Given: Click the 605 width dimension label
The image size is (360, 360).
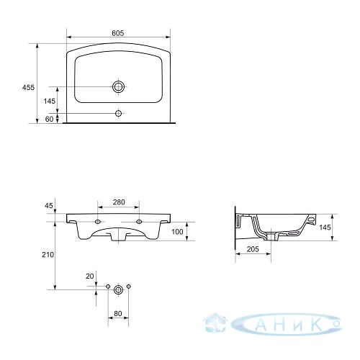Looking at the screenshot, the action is coord(118,33).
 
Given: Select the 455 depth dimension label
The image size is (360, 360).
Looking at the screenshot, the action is coord(28,88).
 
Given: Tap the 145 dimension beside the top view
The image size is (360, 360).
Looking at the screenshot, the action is coord(50,101).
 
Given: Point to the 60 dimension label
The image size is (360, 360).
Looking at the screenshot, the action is coord(49,119).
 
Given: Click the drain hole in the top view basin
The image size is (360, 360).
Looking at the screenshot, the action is coord(118,86).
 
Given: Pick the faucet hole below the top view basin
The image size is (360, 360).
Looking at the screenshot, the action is coord(118,113).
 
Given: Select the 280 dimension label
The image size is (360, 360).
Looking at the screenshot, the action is coord(119,202).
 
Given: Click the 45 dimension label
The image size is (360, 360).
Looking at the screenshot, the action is coord(49,205).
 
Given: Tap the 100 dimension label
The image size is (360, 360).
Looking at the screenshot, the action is coord(177,232).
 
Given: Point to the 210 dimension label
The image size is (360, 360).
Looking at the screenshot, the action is coord(48,255).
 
